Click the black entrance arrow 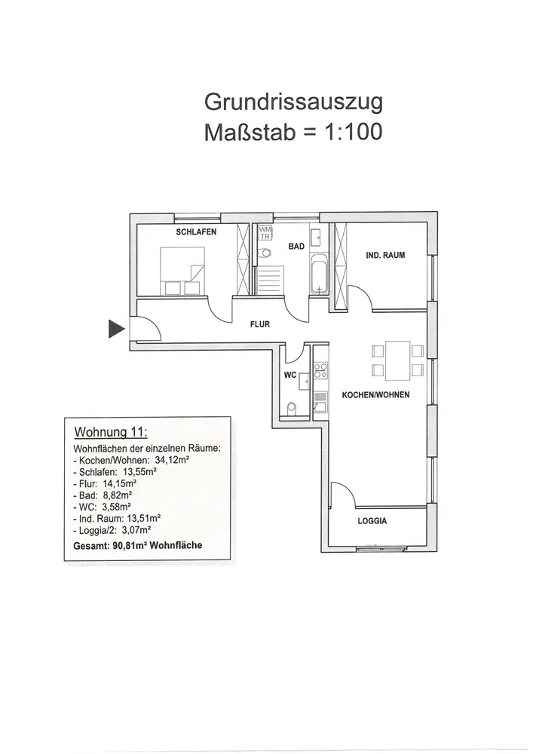coord(115,329)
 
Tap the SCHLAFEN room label coord(196,231)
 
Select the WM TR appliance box coord(265,233)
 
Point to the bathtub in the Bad coord(320,275)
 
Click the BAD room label coord(296,247)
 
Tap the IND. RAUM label coord(385,256)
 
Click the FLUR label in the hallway coord(260,324)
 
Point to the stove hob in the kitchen coord(320,371)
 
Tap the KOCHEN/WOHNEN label coord(375,395)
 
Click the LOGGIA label coord(372,521)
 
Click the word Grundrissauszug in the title coord(293,103)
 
